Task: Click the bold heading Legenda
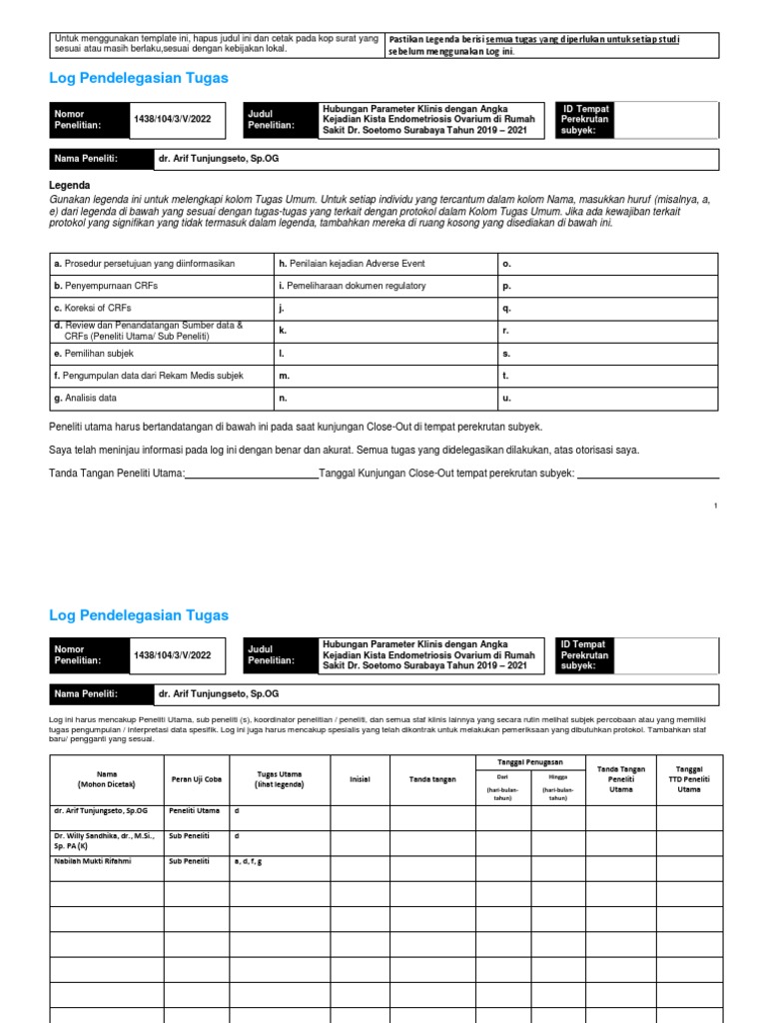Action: pyautogui.click(x=70, y=185)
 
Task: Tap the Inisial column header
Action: pyautogui.click(x=360, y=779)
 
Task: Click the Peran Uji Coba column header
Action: pyautogui.click(x=197, y=779)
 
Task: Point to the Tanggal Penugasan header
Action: pyautogui.click(x=529, y=762)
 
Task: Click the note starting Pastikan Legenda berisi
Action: pyautogui.click(x=550, y=44)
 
